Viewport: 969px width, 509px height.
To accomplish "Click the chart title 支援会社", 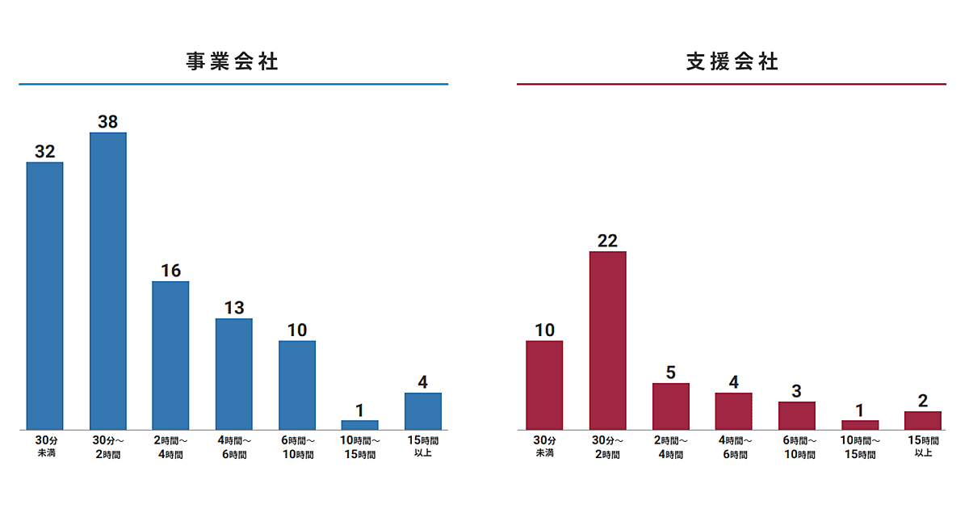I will (x=732, y=61).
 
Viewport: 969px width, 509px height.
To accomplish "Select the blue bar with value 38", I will (x=107, y=280).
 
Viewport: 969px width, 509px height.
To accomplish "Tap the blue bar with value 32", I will (x=44, y=296).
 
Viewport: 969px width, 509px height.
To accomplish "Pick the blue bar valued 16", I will (x=170, y=355).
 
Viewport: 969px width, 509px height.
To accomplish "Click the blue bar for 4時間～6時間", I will (x=233, y=373).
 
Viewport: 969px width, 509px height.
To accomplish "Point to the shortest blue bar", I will (x=359, y=424).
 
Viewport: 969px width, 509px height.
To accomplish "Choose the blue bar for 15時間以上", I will (x=422, y=410).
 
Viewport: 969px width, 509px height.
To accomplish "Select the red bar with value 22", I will (x=607, y=340).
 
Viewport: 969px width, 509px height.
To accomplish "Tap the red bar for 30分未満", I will (x=544, y=385).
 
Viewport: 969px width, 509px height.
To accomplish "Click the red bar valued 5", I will (x=670, y=406).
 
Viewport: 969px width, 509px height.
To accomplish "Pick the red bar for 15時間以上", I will (x=922, y=420).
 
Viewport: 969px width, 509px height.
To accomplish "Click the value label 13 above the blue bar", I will (x=233, y=308).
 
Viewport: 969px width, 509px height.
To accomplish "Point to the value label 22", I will (x=607, y=241).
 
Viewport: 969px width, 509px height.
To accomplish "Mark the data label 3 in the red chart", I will (x=796, y=392).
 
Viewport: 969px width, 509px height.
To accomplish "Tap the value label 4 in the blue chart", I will (x=422, y=382).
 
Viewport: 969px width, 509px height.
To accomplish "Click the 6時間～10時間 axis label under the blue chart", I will (x=296, y=447).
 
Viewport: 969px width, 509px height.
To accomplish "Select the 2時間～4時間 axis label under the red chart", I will (x=670, y=447).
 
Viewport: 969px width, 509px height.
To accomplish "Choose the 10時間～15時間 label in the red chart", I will (x=859, y=447).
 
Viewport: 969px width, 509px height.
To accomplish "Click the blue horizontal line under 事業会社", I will (x=233, y=84).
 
